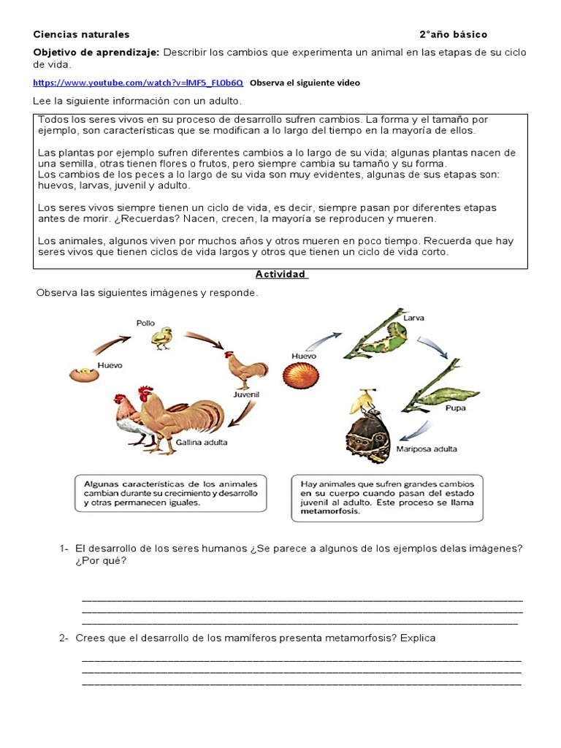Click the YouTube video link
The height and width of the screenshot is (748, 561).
coord(137,83)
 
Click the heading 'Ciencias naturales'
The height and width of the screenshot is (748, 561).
coord(81,34)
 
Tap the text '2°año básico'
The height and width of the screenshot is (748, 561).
coord(453,34)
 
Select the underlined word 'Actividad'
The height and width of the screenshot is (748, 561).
coord(281,275)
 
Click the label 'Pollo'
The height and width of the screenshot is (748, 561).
coord(146,322)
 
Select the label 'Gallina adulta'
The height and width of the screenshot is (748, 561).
coord(201,443)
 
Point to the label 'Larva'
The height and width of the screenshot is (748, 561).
coord(413,318)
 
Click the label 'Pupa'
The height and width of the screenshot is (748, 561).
coord(456,409)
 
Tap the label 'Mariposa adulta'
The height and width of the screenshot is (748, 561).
coord(427,449)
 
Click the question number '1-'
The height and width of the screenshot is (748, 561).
coord(64,549)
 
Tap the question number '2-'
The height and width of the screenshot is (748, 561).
coord(64,638)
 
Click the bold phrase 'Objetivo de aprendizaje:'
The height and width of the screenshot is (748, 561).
coord(96,53)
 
